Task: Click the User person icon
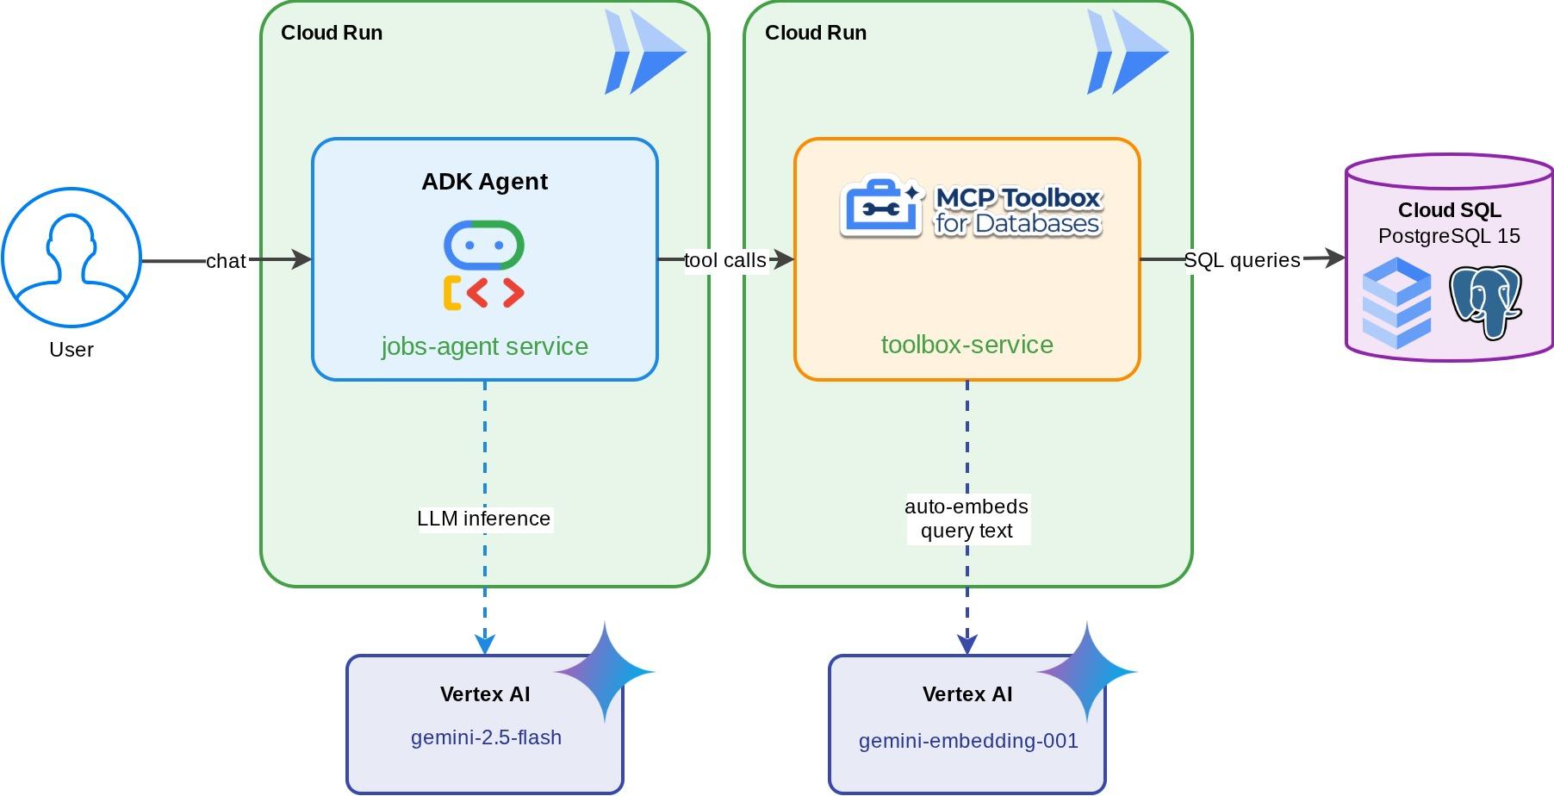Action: pos(71,258)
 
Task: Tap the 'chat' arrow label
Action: pos(226,261)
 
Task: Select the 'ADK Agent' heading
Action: pos(484,182)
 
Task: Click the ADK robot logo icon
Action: pos(484,265)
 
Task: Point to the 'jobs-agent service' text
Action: pos(484,346)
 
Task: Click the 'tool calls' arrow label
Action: pos(725,260)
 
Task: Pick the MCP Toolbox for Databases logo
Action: pos(971,208)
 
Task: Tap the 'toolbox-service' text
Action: pos(967,345)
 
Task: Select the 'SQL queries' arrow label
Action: pos(1241,260)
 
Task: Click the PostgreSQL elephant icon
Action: pos(1485,302)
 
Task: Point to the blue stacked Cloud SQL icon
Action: pos(1396,302)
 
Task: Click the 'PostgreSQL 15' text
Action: pos(1449,236)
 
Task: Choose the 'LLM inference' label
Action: pos(483,519)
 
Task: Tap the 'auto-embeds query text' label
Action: pos(967,519)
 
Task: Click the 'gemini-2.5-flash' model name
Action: pos(486,737)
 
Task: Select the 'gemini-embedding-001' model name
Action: pos(968,741)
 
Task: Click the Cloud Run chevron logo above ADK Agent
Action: pos(645,52)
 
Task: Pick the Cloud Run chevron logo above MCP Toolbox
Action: pos(1128,52)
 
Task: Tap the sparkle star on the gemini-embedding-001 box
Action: pos(1087,671)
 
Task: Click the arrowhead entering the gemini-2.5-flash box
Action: pos(485,644)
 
